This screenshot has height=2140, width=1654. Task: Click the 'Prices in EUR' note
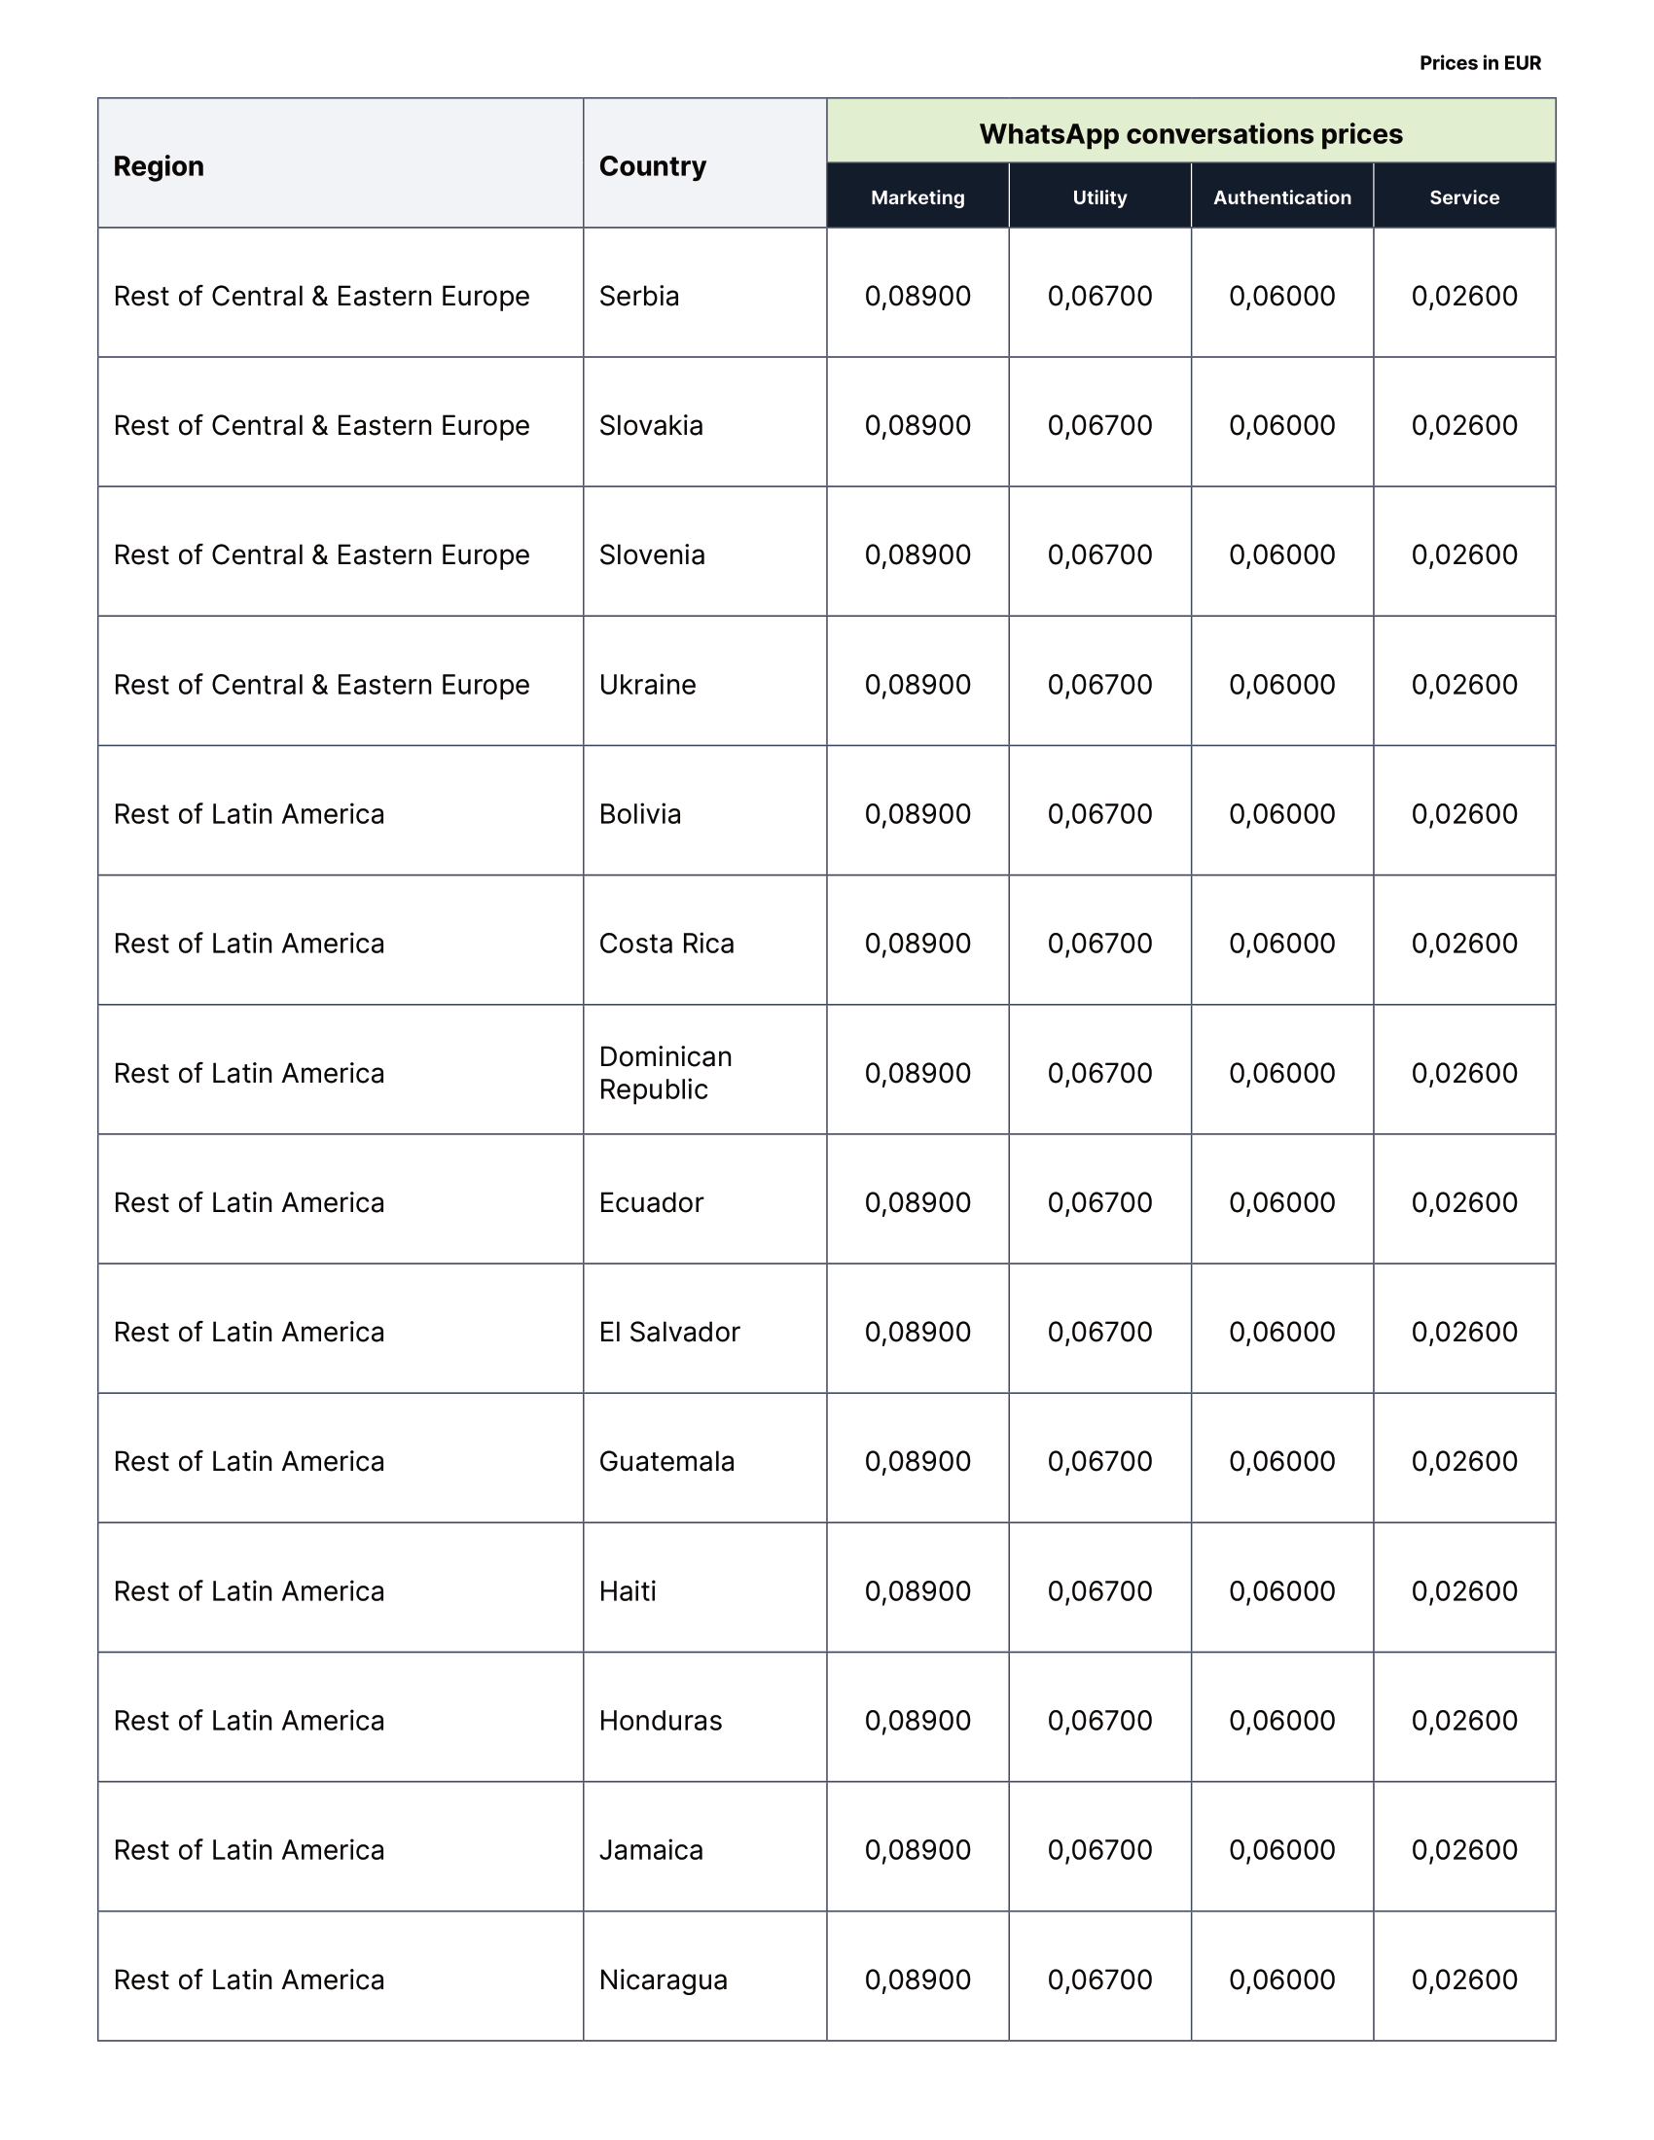click(1480, 63)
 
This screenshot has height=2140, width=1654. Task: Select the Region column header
click(159, 166)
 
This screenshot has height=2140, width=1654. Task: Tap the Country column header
click(653, 166)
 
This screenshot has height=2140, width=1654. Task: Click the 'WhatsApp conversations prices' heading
click(1191, 134)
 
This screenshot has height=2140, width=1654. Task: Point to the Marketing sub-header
click(917, 197)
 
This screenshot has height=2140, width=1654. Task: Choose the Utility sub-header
click(1099, 197)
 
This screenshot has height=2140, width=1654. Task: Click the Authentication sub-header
click(1281, 197)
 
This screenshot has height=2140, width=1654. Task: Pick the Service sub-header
click(1464, 197)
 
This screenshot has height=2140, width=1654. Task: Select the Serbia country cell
click(639, 296)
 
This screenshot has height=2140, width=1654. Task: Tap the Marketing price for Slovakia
click(917, 425)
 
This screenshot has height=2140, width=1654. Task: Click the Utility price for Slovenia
click(1099, 554)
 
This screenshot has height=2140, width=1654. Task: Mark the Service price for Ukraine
click(1464, 684)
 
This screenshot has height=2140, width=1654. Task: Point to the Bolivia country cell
click(640, 814)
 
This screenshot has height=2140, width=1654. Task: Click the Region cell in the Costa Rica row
click(249, 944)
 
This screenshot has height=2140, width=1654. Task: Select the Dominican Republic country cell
click(665, 1073)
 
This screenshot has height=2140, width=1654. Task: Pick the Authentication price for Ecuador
click(1281, 1202)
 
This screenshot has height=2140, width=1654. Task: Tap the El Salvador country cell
click(669, 1332)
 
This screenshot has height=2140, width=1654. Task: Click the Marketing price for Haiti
click(917, 1591)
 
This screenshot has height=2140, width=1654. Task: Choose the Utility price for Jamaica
click(1099, 1850)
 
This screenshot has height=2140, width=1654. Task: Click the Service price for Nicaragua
click(1464, 1979)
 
